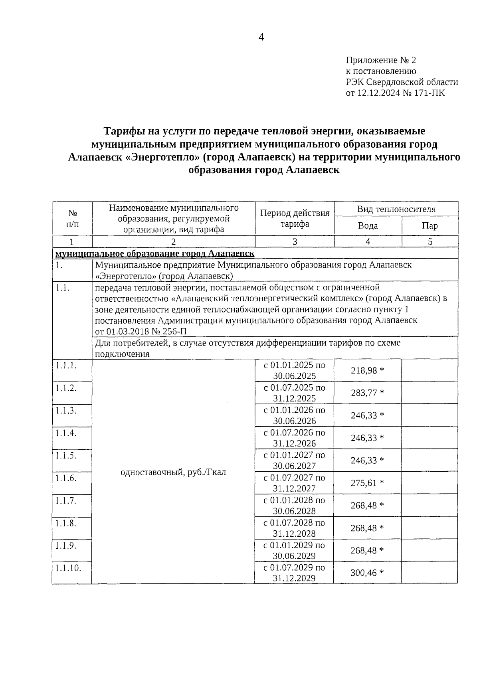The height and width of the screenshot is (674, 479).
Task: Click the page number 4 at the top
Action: [x=261, y=38]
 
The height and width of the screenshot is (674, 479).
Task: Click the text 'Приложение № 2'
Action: [x=380, y=60]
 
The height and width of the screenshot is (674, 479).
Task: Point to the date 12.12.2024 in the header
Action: [x=378, y=93]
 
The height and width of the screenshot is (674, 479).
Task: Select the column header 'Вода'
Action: [x=368, y=226]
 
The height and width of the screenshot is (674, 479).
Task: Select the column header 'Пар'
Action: [x=430, y=226]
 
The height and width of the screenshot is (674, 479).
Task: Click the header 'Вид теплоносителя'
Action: [x=396, y=209]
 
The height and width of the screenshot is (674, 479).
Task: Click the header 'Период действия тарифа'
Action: [x=295, y=218]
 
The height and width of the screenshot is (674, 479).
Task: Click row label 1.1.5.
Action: [x=66, y=455]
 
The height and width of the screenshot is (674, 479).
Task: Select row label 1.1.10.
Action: [x=68, y=568]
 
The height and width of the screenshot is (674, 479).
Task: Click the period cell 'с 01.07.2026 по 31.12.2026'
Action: [x=294, y=438]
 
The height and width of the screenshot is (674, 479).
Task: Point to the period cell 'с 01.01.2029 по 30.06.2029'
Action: [x=294, y=550]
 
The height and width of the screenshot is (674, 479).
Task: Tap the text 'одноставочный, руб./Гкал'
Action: [x=173, y=472]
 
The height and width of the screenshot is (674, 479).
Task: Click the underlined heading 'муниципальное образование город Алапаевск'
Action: [x=155, y=254]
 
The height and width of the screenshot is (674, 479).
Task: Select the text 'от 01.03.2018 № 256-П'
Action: [x=141, y=331]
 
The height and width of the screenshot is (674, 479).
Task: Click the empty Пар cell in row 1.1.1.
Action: [x=430, y=370]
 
